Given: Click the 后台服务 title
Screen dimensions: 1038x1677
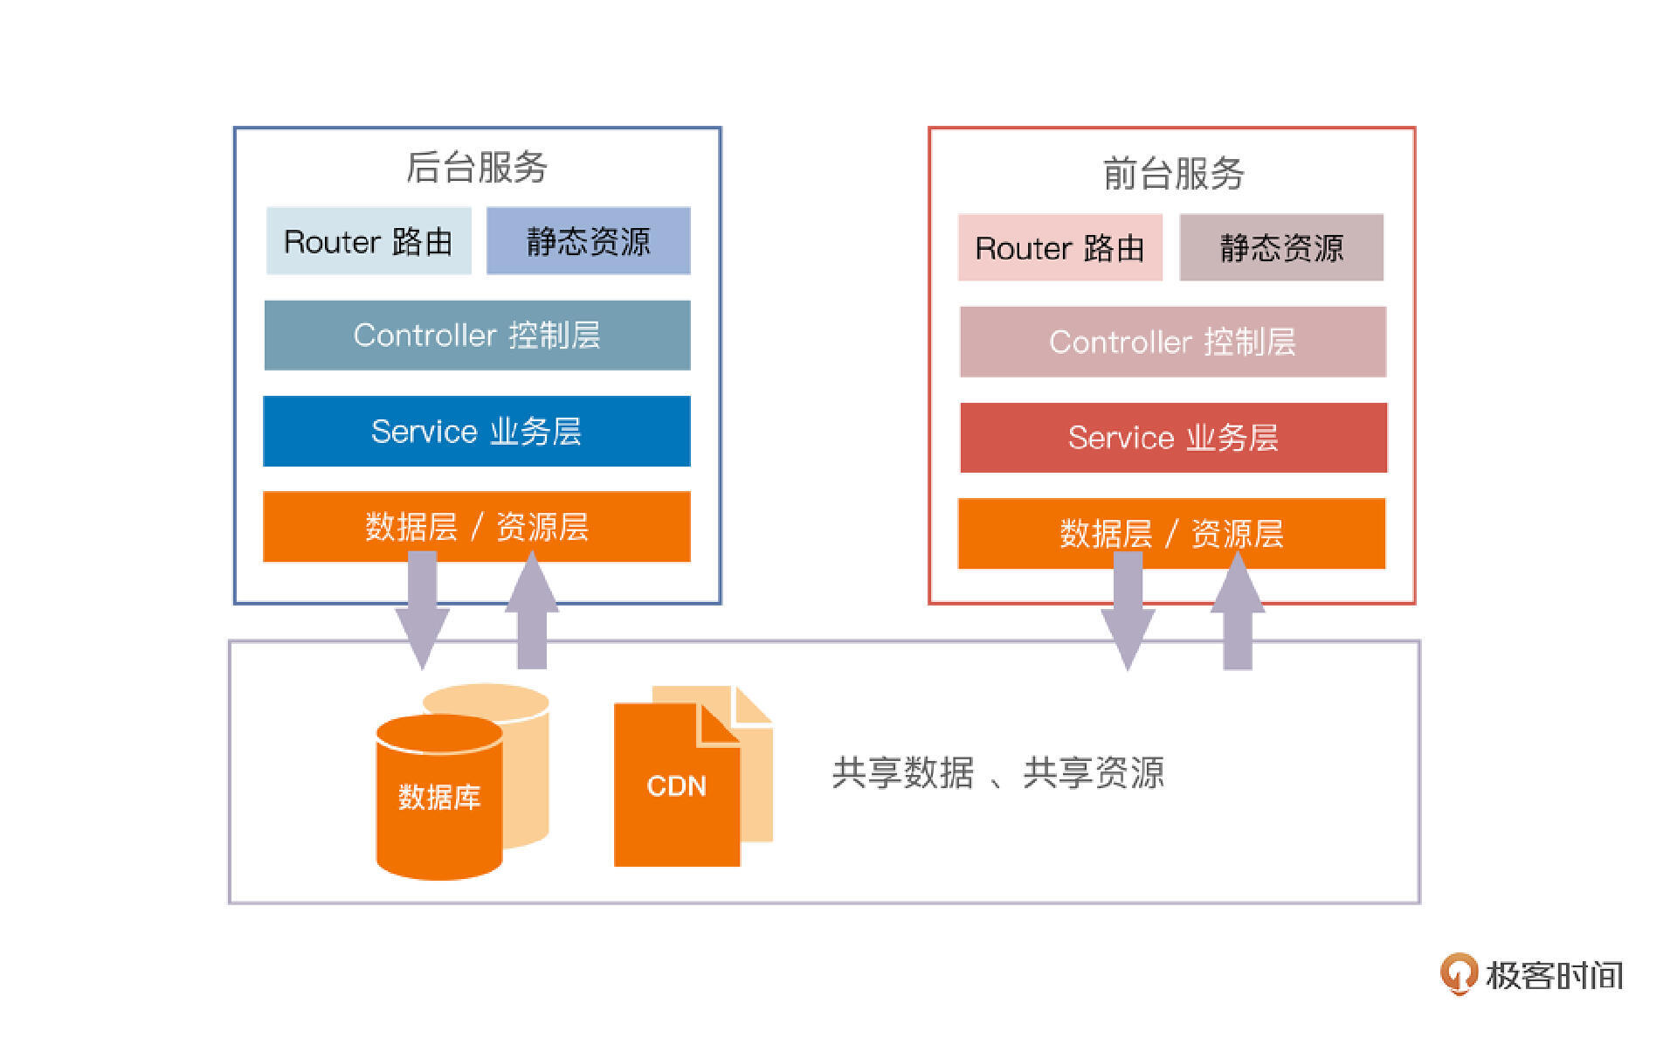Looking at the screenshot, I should coord(476,167).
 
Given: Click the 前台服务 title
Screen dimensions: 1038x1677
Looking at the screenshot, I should coord(1172,173).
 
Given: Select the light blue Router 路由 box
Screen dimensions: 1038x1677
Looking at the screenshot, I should coord(369,241).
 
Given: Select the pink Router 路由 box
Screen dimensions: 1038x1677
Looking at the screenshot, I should coord(1059,248).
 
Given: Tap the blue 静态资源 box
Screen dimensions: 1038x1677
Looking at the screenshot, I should coord(588,241).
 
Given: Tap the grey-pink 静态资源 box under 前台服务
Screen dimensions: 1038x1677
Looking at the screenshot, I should coord(1281,248).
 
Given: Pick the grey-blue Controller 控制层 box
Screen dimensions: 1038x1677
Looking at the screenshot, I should coord(477,336).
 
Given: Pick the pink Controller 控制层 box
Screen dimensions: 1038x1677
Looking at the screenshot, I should coord(1172,342).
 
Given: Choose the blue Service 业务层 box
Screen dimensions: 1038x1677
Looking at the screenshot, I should coord(477,431).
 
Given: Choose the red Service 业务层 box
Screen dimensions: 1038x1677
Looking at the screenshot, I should coord(1173,438).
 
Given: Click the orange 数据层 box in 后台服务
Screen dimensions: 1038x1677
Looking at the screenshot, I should coord(477,527).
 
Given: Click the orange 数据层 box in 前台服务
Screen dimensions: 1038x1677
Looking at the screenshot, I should coord(1171,534).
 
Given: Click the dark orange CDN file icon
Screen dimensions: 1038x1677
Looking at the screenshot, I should coord(676,786).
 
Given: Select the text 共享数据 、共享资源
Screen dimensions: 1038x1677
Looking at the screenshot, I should coord(997,773).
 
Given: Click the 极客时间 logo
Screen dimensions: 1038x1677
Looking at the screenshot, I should coord(1532,974).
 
